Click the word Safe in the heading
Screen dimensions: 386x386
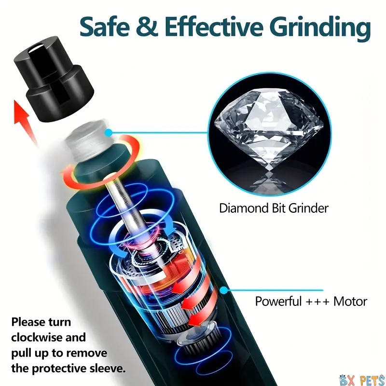tap(105, 27)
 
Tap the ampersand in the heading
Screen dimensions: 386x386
tap(147, 27)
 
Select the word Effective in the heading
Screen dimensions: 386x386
tap(214, 27)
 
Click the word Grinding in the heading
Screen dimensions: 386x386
tap(320, 28)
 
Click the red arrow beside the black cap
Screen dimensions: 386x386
tap(25, 123)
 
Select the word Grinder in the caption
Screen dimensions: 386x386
tap(308, 208)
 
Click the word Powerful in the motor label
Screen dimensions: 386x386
tap(278, 301)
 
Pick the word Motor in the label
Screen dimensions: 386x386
tap(350, 301)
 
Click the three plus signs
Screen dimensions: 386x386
tap(317, 302)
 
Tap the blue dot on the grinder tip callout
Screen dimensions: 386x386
tap(108, 133)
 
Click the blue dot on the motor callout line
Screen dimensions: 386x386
tap(223, 290)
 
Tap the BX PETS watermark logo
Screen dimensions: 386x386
tap(362, 379)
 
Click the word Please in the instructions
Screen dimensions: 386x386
tap(28, 322)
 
